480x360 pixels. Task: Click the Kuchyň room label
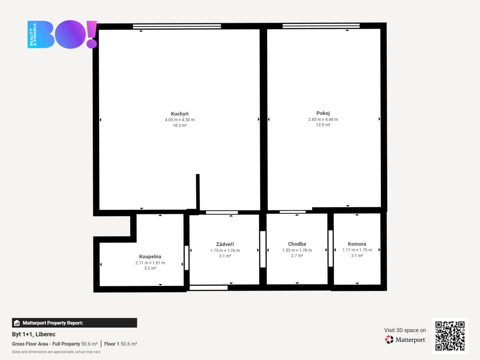coord(180,114)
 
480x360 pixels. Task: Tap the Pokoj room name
coord(323,113)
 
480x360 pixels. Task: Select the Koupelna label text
coord(150,256)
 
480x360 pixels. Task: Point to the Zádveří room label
coord(225,244)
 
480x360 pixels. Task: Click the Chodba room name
coord(297,244)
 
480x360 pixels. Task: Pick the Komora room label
coord(357,244)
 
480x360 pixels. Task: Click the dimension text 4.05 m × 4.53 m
coord(180,120)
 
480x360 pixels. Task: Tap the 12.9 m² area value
coord(323,125)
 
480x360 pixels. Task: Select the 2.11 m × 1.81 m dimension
coord(150,262)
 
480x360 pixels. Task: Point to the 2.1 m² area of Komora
coord(357,255)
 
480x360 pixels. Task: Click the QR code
coord(450,336)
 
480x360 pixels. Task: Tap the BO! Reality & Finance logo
coord(62,34)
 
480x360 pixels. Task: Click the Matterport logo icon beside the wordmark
coord(389,339)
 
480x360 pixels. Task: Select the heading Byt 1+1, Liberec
coord(34,334)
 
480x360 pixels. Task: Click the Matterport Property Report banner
coord(75,323)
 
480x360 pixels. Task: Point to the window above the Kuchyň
coord(177,26)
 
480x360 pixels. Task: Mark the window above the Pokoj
coord(321,26)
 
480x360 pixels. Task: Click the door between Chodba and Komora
coord(330,248)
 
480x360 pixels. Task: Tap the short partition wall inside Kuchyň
coord(198,192)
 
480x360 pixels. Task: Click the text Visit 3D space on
coord(405,330)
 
